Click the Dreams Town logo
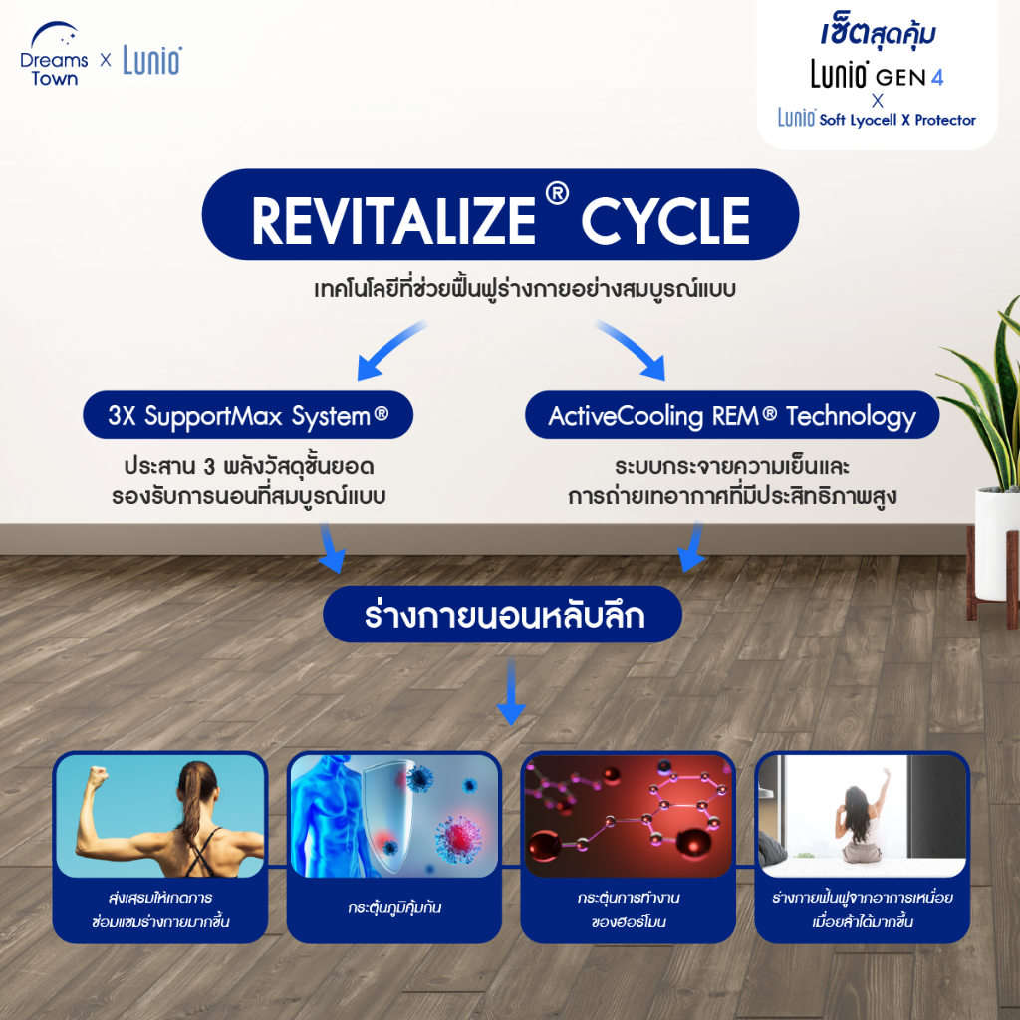click(x=54, y=55)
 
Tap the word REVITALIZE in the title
click(x=393, y=221)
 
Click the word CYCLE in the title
click(x=664, y=221)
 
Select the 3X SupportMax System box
click(x=248, y=415)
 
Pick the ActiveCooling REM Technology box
click(x=732, y=415)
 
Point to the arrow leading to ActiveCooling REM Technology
click(x=631, y=349)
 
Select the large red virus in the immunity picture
click(x=457, y=837)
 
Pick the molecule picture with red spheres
click(x=629, y=815)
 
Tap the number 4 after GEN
click(x=936, y=78)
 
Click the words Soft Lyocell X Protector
click(x=897, y=120)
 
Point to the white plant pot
click(x=996, y=543)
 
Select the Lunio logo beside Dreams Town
click(x=152, y=61)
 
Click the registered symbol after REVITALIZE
click(x=557, y=193)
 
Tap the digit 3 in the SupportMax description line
click(x=209, y=467)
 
